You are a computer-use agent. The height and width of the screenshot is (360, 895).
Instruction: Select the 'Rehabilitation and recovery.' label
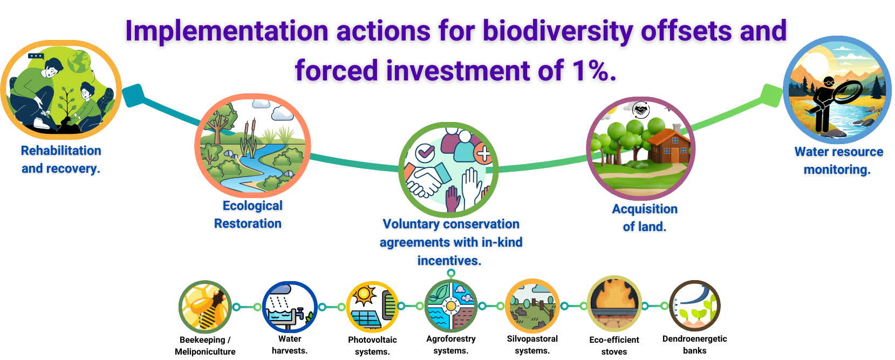pos(61,159)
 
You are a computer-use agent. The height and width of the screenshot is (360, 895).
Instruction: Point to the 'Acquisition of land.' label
pos(645,218)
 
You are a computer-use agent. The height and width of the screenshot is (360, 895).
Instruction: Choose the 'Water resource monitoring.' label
pos(838,161)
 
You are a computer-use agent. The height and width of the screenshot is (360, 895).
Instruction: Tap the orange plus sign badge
pos(483,154)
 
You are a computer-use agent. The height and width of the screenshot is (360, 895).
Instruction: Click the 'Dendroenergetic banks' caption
pos(694,344)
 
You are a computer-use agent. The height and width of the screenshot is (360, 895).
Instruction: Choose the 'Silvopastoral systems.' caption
pos(532,344)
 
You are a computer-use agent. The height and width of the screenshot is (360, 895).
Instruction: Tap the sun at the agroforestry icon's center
pos(451,306)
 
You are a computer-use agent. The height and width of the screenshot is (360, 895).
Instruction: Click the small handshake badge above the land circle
pos(641,110)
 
